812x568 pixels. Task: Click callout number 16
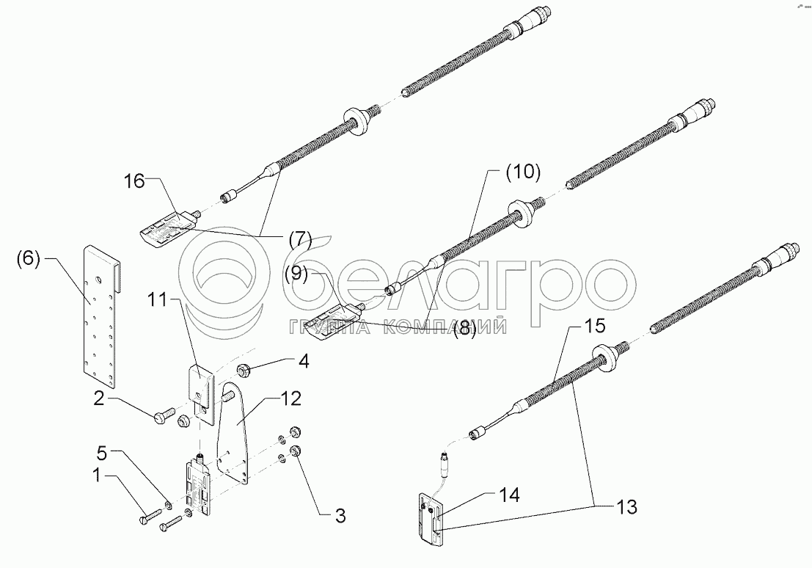tap(134, 181)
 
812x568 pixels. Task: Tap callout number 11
tap(157, 299)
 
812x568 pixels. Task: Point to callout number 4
tap(304, 361)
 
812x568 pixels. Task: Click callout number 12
tap(290, 398)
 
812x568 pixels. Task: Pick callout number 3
tap(340, 516)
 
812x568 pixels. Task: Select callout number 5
tap(102, 454)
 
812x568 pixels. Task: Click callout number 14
tap(509, 495)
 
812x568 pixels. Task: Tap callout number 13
tap(627, 507)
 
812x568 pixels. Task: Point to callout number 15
tap(594, 326)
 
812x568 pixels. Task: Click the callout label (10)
tap(523, 172)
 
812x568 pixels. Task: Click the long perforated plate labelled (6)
tap(101, 316)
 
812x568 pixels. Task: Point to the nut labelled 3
tap(296, 450)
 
